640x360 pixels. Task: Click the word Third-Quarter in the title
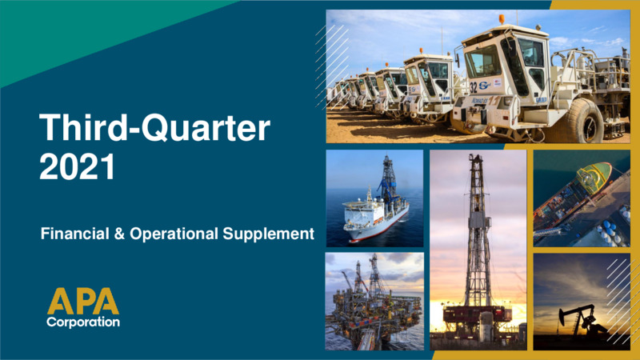click(154, 128)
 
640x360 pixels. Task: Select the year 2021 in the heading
click(77, 166)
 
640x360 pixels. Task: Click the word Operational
click(174, 234)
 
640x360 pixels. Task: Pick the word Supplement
click(269, 234)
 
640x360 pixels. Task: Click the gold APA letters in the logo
click(83, 302)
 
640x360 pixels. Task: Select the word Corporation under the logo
click(83, 322)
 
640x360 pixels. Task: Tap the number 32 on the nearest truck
click(473, 87)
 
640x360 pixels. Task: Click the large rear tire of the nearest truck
click(584, 121)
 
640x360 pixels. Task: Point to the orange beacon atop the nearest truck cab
click(502, 19)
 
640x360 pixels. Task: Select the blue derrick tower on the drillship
click(388, 178)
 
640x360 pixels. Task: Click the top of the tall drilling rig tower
click(476, 157)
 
